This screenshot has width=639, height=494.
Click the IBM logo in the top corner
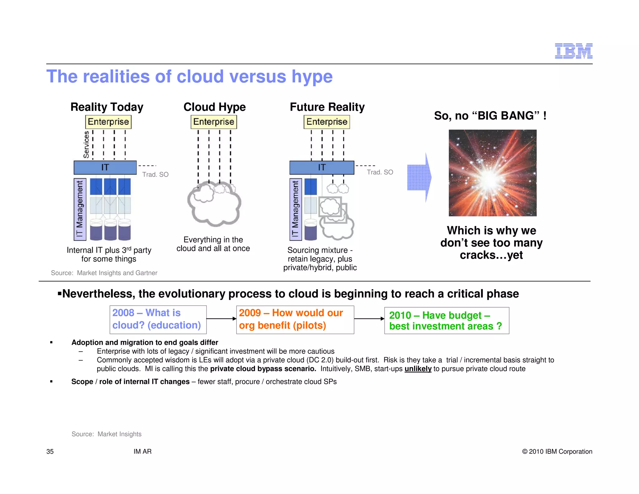point(573,51)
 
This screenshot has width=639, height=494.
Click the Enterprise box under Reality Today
point(108,122)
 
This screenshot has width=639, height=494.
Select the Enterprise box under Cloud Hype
point(214,122)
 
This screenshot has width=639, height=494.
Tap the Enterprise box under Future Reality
point(327,122)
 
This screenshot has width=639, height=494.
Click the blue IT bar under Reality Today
point(105,168)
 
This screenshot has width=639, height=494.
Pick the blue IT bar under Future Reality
point(322,168)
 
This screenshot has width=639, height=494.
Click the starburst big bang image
point(492,173)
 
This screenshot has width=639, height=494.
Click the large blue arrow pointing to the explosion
point(419,177)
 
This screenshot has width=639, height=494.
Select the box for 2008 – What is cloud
point(158,319)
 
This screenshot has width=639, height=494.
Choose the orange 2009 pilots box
point(295,319)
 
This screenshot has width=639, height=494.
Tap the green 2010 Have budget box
point(446,321)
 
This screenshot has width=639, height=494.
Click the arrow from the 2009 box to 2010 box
point(369,319)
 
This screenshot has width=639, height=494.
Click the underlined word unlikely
point(418,369)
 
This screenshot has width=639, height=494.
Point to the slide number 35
point(50,452)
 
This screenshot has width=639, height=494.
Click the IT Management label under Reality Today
point(80,209)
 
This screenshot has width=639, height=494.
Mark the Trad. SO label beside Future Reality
point(380,172)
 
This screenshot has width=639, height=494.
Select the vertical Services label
point(86,145)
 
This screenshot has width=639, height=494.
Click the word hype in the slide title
point(312,77)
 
